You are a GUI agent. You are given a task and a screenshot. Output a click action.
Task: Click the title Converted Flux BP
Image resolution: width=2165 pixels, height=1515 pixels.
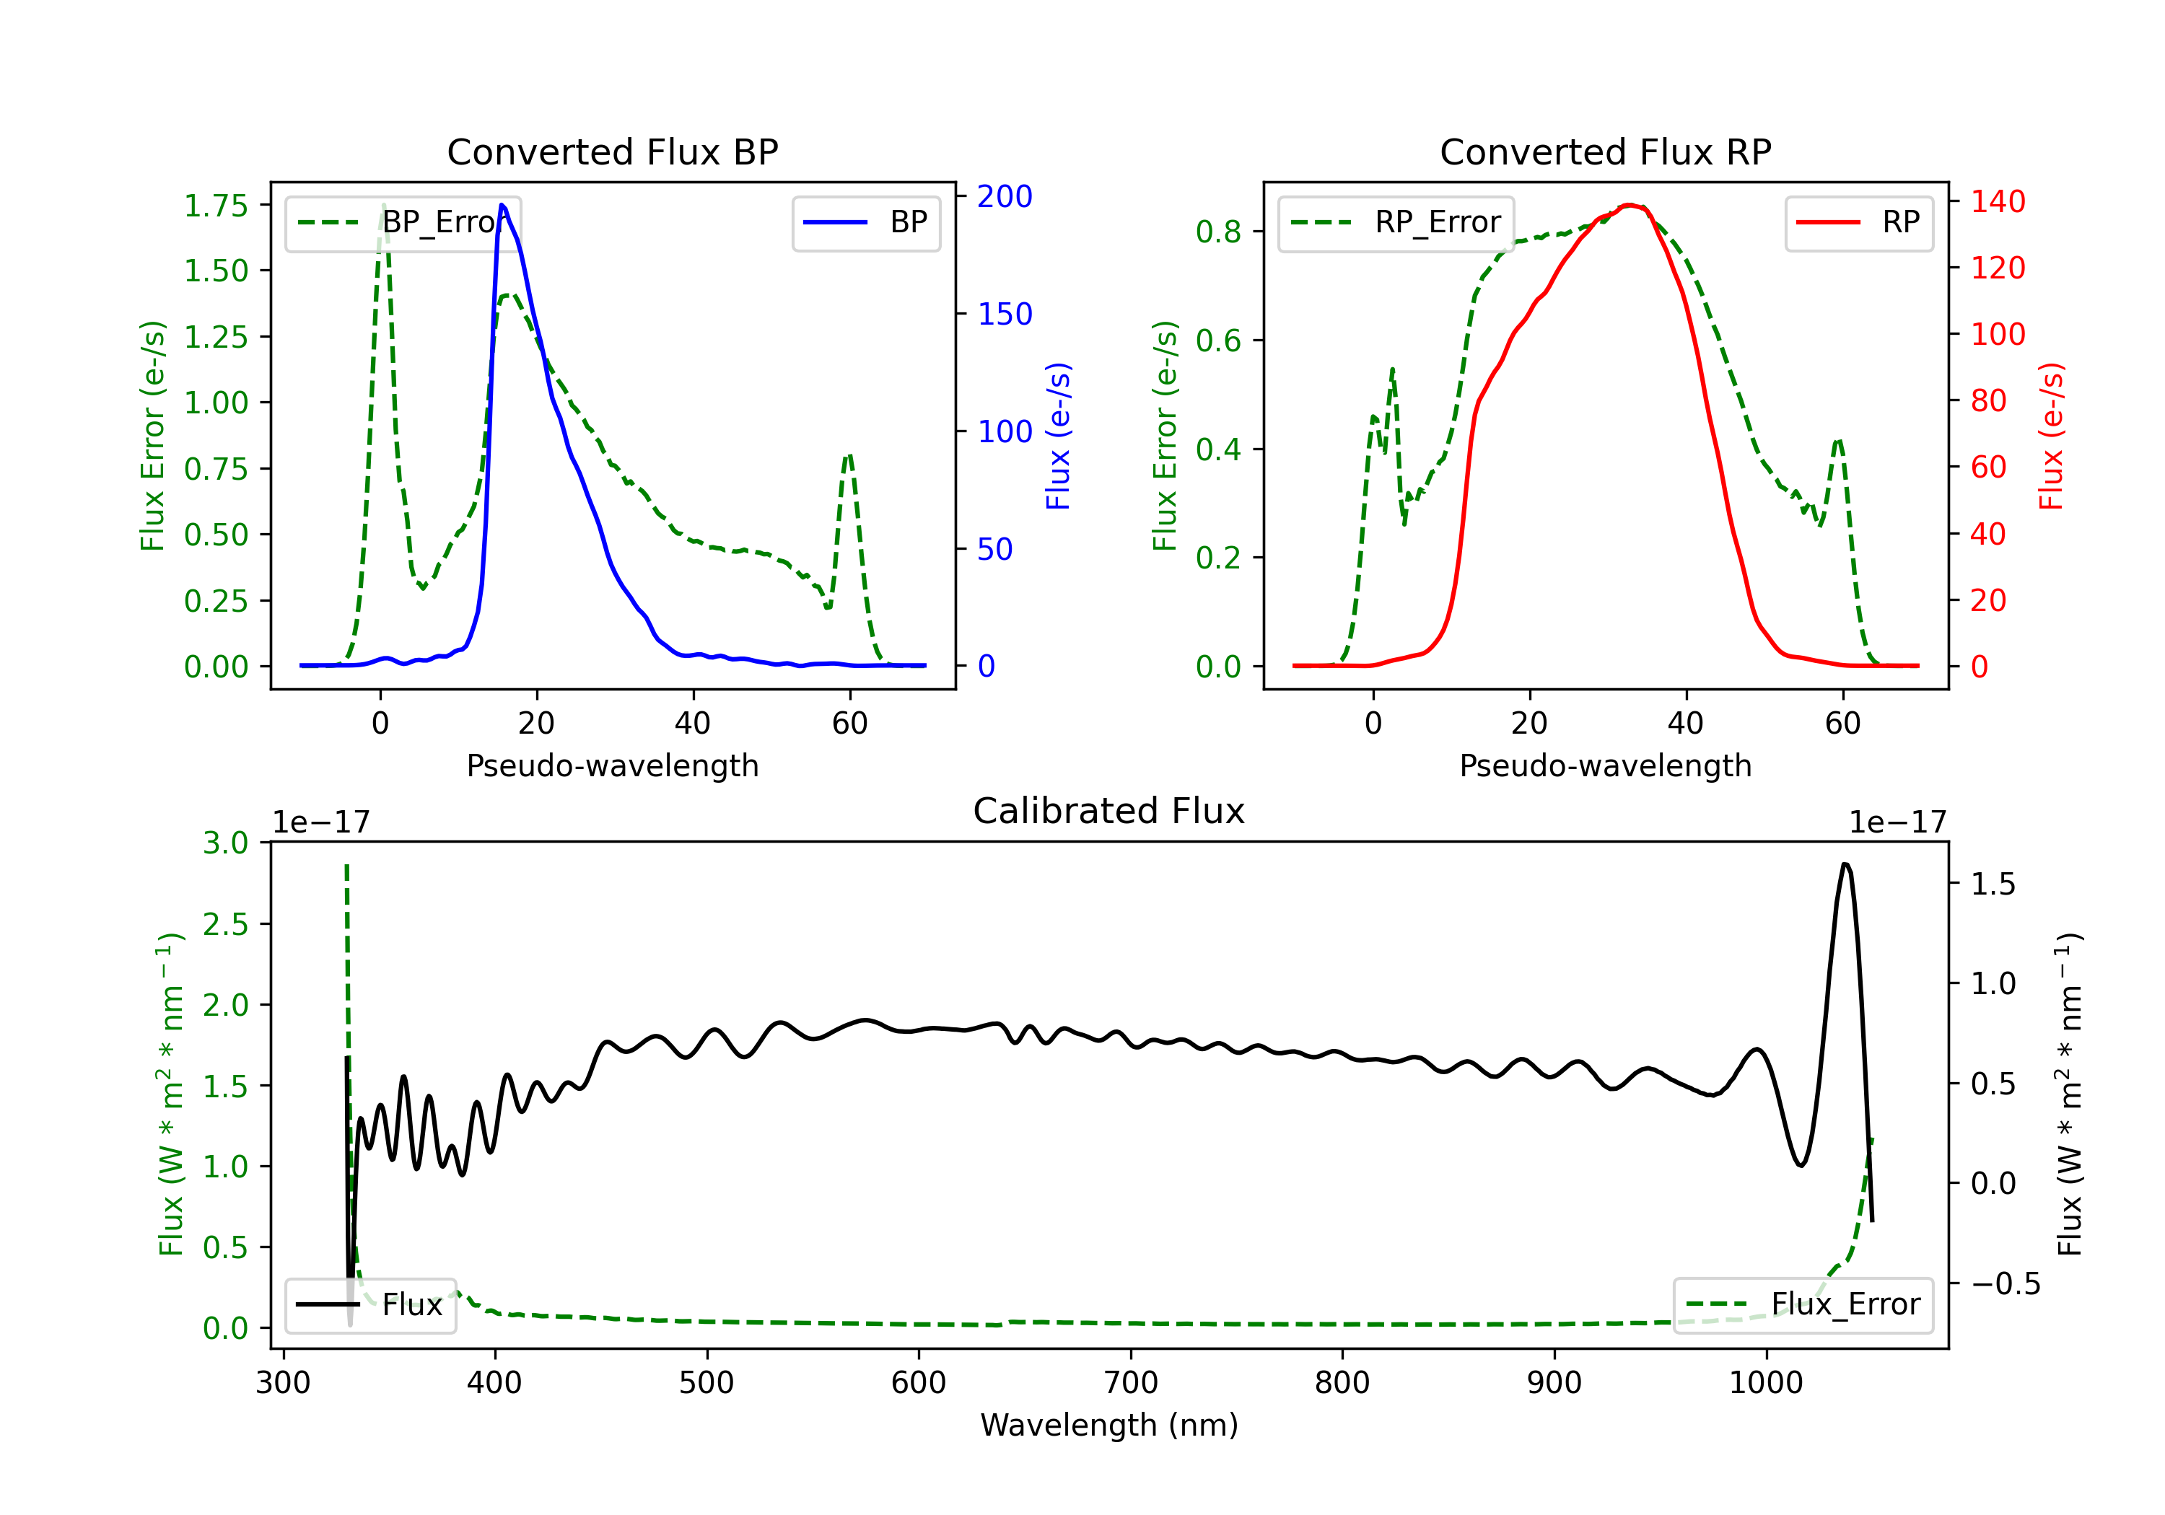[x=612, y=151]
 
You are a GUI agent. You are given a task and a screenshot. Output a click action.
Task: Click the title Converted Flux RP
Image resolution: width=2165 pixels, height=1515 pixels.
[x=1605, y=151]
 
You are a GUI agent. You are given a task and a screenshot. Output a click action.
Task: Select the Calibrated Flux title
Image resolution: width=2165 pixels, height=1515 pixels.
[x=1109, y=811]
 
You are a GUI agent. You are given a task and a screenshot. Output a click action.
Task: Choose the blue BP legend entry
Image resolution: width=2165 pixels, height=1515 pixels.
[x=865, y=222]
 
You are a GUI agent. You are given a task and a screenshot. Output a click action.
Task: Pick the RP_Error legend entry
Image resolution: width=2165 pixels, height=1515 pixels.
[x=1396, y=222]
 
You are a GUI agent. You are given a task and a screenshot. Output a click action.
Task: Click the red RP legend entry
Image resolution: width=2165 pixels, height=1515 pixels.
[x=1858, y=222]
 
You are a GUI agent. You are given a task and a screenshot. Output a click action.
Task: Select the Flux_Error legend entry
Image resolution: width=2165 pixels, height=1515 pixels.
[x=1803, y=1305]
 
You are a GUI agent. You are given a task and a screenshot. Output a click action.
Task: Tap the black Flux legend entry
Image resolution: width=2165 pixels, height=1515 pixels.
[x=369, y=1305]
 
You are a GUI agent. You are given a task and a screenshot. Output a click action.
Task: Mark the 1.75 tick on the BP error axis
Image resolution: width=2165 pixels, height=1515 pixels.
[x=216, y=206]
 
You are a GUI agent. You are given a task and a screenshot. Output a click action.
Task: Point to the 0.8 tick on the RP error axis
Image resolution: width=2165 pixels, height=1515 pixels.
[x=1218, y=232]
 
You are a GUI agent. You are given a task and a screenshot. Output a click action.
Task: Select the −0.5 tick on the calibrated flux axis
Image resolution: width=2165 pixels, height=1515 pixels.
[x=2006, y=1283]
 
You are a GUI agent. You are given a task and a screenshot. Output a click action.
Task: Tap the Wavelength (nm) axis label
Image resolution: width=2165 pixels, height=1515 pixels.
[x=1109, y=1425]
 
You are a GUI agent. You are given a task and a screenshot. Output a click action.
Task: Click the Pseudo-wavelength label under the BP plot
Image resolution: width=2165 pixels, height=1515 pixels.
[x=613, y=765]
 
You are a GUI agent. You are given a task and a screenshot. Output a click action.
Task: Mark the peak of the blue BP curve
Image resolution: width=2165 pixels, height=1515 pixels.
[x=502, y=205]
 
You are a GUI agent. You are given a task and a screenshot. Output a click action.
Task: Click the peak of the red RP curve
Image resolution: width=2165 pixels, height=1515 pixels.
[x=1629, y=205]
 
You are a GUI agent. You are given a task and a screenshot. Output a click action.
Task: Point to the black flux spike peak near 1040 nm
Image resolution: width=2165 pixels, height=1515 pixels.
[x=1845, y=864]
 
